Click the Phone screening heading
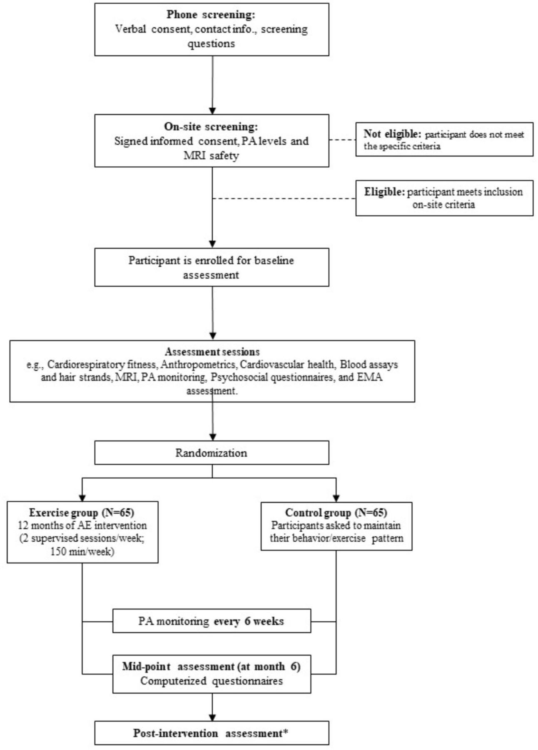pyautogui.click(x=211, y=15)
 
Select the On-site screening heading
pyautogui.click(x=211, y=127)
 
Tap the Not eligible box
pyautogui.click(x=444, y=139)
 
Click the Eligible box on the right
pyautogui.click(x=444, y=198)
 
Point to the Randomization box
pyautogui.click(x=212, y=453)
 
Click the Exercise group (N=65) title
pyautogui.click(x=82, y=512)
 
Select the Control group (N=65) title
pyautogui.click(x=336, y=512)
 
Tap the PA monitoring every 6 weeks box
pyautogui.click(x=212, y=621)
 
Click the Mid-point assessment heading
pyautogui.click(x=211, y=667)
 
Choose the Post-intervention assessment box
pyautogui.click(x=212, y=733)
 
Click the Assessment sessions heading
pyautogui.click(x=212, y=352)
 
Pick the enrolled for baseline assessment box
pyautogui.click(x=212, y=267)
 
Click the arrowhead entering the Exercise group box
pyautogui.click(x=82, y=498)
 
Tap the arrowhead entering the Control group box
pyautogui.click(x=336, y=498)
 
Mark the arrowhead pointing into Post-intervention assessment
pyautogui.click(x=212, y=717)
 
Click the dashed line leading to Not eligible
pyautogui.click(x=342, y=140)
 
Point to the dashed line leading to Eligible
pyautogui.click(x=284, y=199)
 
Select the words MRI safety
pyautogui.click(x=211, y=156)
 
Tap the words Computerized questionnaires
pyautogui.click(x=211, y=681)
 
